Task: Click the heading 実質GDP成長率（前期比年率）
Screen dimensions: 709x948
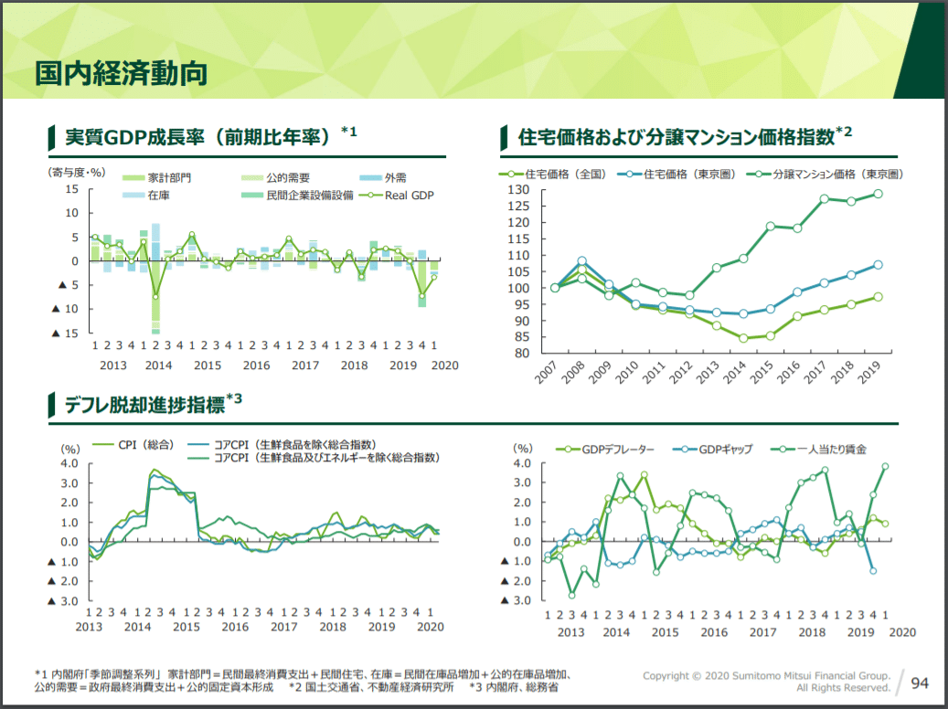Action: click(197, 137)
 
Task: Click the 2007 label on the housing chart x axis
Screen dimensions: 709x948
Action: click(546, 375)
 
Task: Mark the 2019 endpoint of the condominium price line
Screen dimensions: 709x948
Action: click(878, 194)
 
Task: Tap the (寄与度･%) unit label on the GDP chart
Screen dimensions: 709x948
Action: click(77, 171)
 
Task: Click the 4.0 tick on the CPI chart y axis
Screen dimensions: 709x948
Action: click(69, 463)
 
